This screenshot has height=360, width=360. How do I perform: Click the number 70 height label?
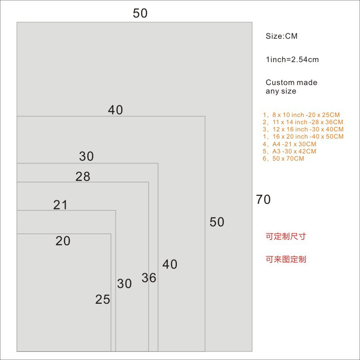click(x=263, y=199)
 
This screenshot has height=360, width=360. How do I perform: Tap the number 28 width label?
click(x=83, y=177)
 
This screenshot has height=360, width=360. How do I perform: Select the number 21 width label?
click(x=60, y=205)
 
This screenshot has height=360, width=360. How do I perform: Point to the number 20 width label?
click(x=63, y=241)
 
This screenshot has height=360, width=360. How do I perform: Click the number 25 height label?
click(x=103, y=299)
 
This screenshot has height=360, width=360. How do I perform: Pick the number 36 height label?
click(x=149, y=278)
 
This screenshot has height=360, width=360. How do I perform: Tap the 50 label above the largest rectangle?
click(x=140, y=13)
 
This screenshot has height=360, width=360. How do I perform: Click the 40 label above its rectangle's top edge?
click(x=115, y=110)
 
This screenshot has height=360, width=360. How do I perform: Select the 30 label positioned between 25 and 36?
click(x=124, y=284)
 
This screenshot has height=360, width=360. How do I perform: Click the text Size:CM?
click(x=282, y=36)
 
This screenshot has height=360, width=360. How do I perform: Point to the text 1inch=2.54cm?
click(x=292, y=60)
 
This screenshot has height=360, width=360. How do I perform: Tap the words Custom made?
click(x=291, y=83)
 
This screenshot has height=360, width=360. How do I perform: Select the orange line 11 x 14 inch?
click(x=303, y=122)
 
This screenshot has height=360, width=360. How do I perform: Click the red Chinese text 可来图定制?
click(x=286, y=260)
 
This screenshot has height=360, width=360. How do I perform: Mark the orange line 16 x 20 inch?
click(x=303, y=137)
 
